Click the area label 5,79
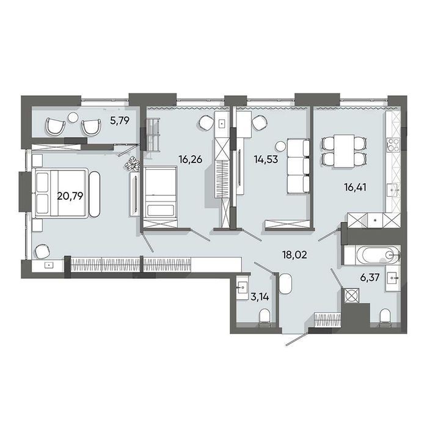point(120,120)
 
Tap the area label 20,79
point(70,196)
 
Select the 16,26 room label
point(191,159)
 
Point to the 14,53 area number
point(266,159)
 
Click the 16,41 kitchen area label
point(356,187)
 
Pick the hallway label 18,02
point(294,255)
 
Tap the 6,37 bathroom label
point(370,279)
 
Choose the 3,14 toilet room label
point(260,297)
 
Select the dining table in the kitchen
point(344,151)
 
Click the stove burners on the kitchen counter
point(393,145)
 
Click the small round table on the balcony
point(73,118)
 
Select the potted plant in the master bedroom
point(133,164)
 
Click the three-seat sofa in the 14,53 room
point(299,166)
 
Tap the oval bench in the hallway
point(285,283)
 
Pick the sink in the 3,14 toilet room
point(242,288)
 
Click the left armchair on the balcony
point(56,126)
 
